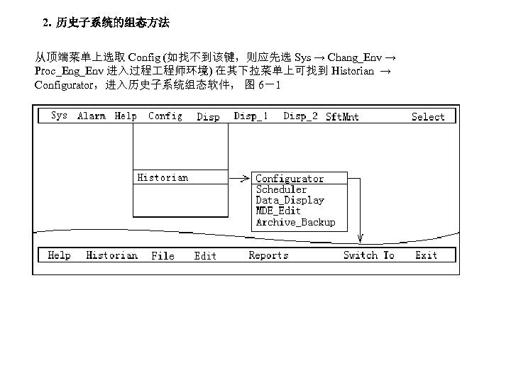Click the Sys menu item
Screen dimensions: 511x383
[x=60, y=116]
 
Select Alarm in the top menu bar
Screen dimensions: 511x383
[x=92, y=116]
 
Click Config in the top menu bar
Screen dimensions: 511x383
[x=165, y=116]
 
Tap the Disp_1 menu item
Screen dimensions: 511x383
[x=251, y=116]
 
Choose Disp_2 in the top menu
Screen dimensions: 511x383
[x=301, y=116]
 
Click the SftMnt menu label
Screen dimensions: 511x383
[x=342, y=117]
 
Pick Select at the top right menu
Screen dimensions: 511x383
[x=428, y=117]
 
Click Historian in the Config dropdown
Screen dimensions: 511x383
[x=163, y=177]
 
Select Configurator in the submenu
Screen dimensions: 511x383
[x=290, y=179]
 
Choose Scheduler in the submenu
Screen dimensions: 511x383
[x=281, y=189]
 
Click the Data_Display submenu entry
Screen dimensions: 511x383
[x=290, y=200]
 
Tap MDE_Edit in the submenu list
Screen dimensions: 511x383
[x=278, y=211]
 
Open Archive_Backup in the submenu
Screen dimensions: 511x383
[x=295, y=222]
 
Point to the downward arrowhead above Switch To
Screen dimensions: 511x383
[x=361, y=238]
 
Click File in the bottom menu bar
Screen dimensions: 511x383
[x=163, y=255]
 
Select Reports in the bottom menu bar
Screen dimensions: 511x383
[x=268, y=255]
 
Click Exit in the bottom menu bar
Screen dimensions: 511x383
[x=427, y=255]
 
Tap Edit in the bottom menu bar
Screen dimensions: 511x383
[x=205, y=255]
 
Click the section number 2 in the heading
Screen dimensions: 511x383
[x=46, y=23]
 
